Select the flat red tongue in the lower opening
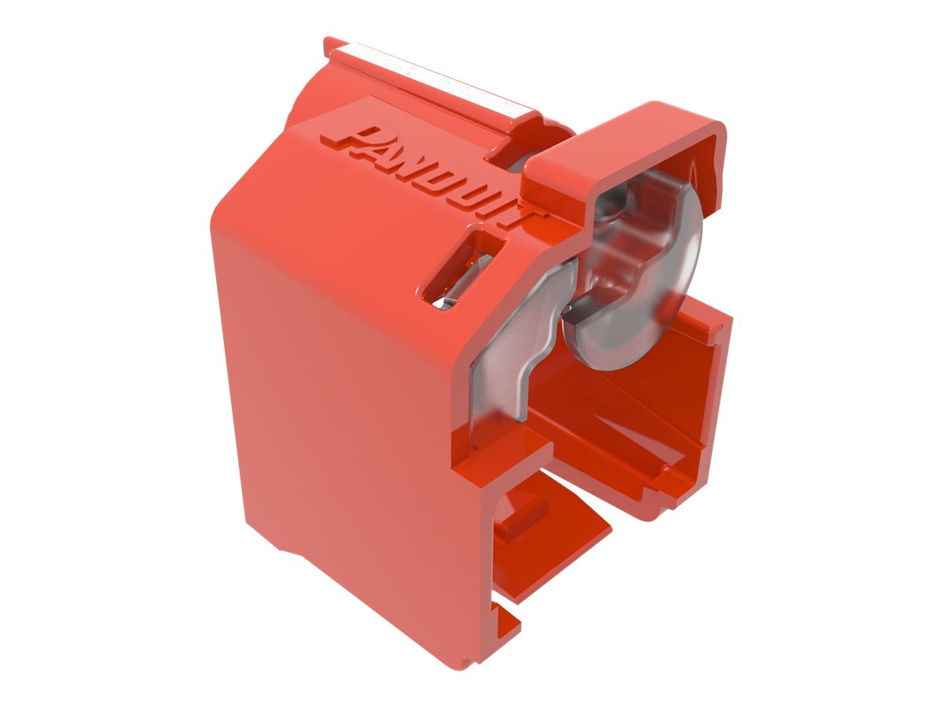[550, 542]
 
